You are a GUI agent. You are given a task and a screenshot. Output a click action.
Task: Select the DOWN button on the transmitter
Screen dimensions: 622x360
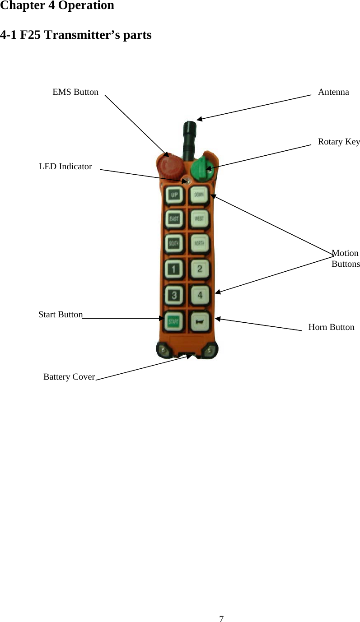click(x=199, y=195)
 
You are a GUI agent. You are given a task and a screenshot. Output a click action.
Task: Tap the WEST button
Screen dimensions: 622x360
click(x=199, y=219)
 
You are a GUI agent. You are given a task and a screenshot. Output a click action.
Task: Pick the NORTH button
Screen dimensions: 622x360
click(x=199, y=244)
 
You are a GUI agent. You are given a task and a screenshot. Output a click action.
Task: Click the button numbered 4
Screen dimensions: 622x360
click(x=199, y=296)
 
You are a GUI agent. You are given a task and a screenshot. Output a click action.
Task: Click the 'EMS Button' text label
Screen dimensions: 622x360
click(x=75, y=92)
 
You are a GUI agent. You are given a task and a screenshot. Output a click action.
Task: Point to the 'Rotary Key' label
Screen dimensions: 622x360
click(x=339, y=142)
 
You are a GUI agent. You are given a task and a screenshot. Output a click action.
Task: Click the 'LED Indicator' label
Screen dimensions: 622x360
click(x=65, y=167)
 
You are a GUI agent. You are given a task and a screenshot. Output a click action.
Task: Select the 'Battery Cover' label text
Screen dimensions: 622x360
click(x=69, y=376)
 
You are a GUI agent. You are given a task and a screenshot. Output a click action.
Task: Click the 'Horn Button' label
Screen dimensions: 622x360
click(x=331, y=327)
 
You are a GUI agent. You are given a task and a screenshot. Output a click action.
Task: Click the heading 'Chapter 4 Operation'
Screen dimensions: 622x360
click(x=57, y=6)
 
